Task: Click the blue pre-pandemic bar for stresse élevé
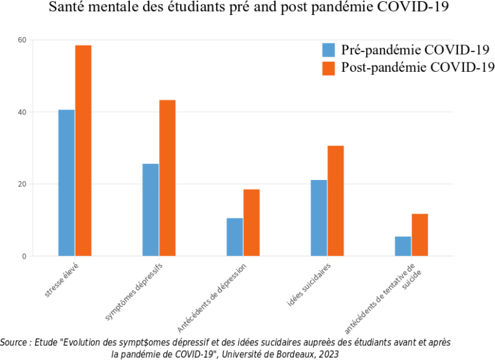click(66, 183)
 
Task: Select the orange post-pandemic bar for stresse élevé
click(84, 151)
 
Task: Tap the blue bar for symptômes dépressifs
click(150, 210)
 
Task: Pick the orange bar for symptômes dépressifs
click(168, 178)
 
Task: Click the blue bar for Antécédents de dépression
click(235, 237)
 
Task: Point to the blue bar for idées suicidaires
click(319, 218)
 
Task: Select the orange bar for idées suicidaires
click(336, 201)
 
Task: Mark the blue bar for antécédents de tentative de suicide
click(403, 246)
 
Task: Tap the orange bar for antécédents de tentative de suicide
click(420, 235)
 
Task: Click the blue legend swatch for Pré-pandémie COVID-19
click(329, 50)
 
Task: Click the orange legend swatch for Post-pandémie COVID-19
click(329, 68)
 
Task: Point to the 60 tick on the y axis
click(22, 40)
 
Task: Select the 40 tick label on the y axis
click(22, 112)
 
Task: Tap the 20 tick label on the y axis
click(22, 184)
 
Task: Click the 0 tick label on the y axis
click(24, 256)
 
